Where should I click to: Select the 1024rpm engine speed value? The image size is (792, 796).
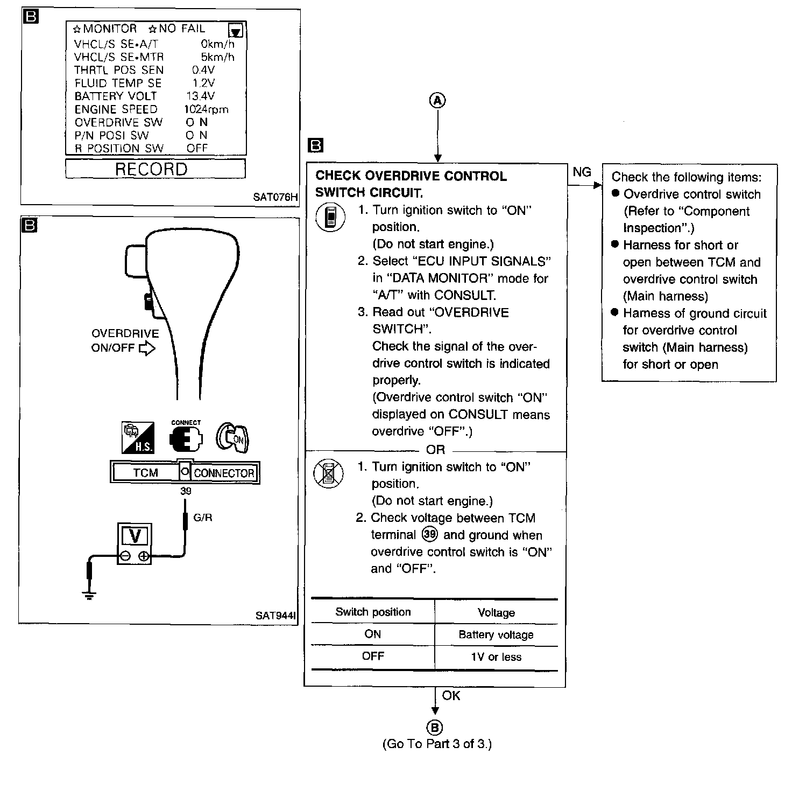[206, 109]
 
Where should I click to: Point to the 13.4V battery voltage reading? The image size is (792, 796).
[200, 96]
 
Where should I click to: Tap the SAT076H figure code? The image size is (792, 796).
[275, 197]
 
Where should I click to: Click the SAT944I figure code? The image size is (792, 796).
[276, 615]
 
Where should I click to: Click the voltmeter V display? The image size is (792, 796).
[135, 536]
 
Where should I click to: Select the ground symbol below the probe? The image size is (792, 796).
[89, 595]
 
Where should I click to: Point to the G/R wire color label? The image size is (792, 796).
[203, 518]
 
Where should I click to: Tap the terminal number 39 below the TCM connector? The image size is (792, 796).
[186, 491]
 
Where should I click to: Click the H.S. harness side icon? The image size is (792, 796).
[138, 437]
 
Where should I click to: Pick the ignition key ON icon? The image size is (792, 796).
[232, 437]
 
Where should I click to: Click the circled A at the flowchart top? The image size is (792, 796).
[437, 100]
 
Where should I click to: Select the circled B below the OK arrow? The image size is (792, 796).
[434, 728]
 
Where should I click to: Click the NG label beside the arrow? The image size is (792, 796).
[582, 172]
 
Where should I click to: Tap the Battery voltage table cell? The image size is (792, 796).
[496, 635]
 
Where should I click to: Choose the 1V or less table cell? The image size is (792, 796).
[496, 657]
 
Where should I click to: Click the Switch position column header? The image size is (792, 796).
[373, 612]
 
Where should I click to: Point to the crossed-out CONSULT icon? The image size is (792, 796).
[328, 474]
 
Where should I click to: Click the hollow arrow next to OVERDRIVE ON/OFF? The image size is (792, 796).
[147, 348]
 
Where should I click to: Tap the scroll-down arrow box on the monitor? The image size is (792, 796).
[236, 30]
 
